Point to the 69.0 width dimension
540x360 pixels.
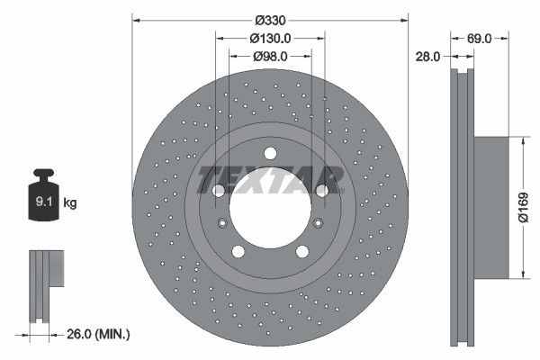click(479, 38)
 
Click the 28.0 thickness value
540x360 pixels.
click(427, 56)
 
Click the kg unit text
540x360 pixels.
click(70, 203)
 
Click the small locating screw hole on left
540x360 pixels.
click(220, 223)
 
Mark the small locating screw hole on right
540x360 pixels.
click(319, 223)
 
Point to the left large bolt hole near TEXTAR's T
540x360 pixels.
click(218, 190)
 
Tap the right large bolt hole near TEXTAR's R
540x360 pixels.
click(321, 190)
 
